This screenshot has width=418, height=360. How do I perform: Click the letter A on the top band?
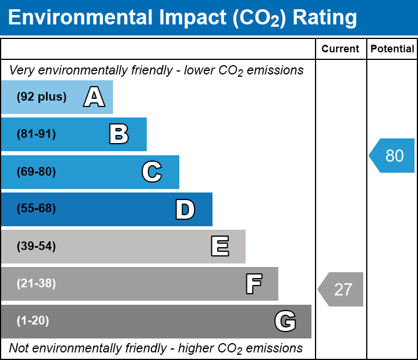pyautogui.click(x=94, y=97)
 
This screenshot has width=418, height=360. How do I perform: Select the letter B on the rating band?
pyautogui.click(x=119, y=134)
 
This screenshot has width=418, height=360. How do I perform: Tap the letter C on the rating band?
pyautogui.click(x=152, y=172)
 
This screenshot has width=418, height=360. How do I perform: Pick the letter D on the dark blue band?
pyautogui.click(x=185, y=209)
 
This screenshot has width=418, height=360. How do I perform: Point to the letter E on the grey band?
pyautogui.click(x=219, y=247)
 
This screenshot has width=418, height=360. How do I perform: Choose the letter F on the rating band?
pyautogui.click(x=253, y=284)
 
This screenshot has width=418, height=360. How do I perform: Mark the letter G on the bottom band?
pyautogui.click(x=285, y=321)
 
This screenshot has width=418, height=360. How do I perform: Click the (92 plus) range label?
pyautogui.click(x=41, y=97)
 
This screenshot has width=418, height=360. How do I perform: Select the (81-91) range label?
pyautogui.click(x=36, y=134)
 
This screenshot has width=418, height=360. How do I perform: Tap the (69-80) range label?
pyautogui.click(x=36, y=172)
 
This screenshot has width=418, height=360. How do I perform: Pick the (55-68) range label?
pyautogui.click(x=36, y=209)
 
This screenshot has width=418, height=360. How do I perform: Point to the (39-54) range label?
pyautogui.click(x=36, y=247)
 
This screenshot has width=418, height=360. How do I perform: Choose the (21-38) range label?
pyautogui.click(x=36, y=284)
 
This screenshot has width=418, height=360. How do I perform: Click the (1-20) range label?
pyautogui.click(x=33, y=321)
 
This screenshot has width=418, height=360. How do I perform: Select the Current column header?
pyautogui.click(x=341, y=49)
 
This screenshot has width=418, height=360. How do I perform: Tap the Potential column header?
pyautogui.click(x=392, y=49)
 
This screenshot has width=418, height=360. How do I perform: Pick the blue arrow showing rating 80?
pyautogui.click(x=392, y=155)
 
